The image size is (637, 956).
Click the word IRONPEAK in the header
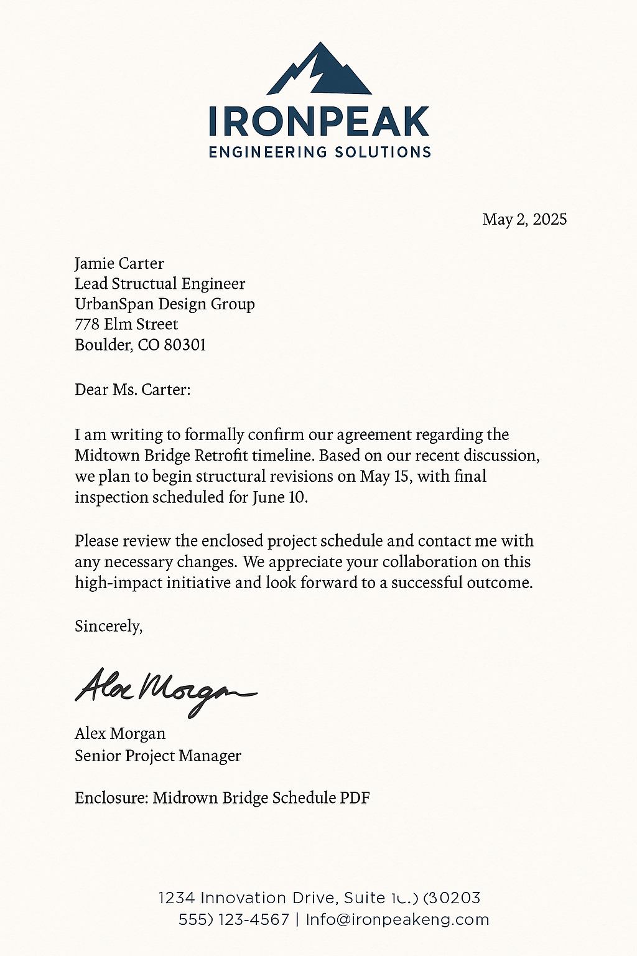pyautogui.click(x=319, y=121)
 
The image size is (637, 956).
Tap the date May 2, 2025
pyautogui.click(x=524, y=219)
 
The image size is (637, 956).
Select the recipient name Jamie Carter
pyautogui.click(x=119, y=263)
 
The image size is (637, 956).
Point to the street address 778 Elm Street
pyautogui.click(x=126, y=324)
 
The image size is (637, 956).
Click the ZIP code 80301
pyautogui.click(x=185, y=345)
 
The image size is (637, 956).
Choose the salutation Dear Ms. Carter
pyautogui.click(x=133, y=390)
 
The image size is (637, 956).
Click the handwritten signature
pyautogui.click(x=165, y=690)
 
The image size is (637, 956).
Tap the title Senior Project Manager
pyautogui.click(x=158, y=756)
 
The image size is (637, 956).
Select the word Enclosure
pyautogui.click(x=111, y=797)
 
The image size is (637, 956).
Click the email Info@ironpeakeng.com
pyautogui.click(x=398, y=920)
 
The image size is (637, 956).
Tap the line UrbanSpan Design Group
pyautogui.click(x=165, y=304)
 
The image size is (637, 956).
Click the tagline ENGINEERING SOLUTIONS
pyautogui.click(x=320, y=152)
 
